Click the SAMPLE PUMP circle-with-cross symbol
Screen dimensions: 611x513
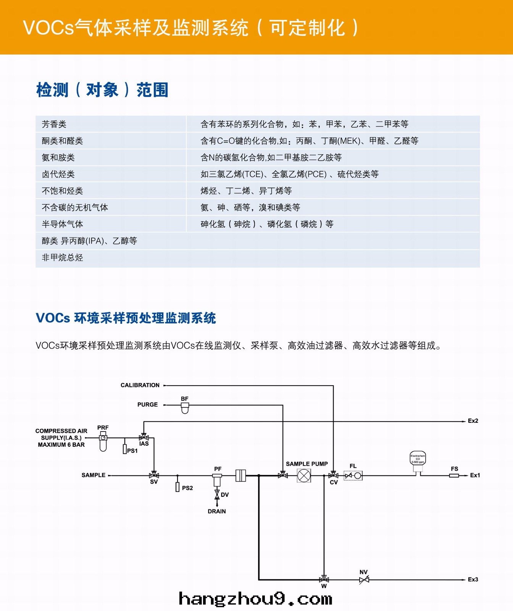304,476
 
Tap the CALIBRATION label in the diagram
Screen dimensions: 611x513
140,385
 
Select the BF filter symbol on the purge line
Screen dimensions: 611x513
185,408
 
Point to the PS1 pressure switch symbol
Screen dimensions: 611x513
125,449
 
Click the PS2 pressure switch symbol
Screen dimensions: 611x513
177,487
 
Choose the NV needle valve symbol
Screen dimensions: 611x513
364,580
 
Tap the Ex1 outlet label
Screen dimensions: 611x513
475,475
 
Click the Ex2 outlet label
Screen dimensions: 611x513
473,421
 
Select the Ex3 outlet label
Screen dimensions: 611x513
473,580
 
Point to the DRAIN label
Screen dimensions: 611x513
217,511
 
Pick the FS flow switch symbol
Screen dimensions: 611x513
454,476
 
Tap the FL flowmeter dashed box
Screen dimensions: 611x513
353,476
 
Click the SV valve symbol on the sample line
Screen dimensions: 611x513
154,476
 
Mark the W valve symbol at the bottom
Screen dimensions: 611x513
324,580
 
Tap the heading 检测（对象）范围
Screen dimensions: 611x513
102,90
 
